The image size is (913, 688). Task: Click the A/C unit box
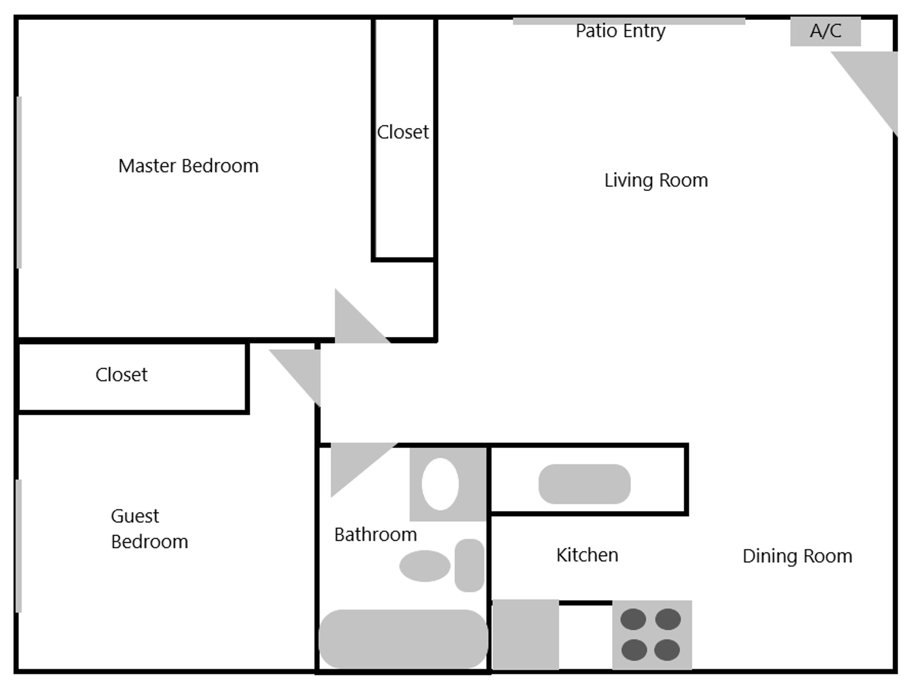825,31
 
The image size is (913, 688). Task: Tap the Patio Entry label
620,31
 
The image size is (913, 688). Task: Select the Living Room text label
656,181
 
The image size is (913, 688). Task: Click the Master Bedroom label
188,166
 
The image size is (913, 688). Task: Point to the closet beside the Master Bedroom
403,138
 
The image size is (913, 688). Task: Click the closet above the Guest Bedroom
122,375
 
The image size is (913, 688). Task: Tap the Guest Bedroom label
149,529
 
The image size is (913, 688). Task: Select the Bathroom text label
375,535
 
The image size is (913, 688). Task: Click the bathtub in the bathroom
403,639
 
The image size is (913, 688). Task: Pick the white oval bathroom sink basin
440,484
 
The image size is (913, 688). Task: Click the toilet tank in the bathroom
469,565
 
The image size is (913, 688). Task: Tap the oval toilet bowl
424,566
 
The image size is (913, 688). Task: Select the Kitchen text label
587,555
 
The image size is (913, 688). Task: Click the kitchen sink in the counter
584,484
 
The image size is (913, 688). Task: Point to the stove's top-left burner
633,619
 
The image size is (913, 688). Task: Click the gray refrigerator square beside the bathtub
525,635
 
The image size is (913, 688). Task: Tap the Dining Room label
797,556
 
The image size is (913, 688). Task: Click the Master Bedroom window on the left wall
19,182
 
